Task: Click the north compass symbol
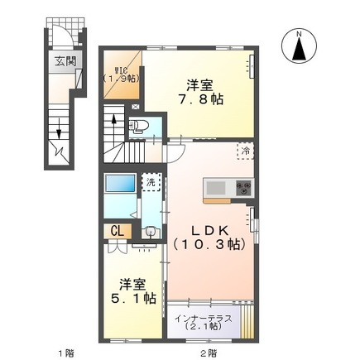tap(298, 46)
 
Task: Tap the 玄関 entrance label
tap(65, 60)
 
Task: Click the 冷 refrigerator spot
tap(247, 151)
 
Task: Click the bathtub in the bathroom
tap(122, 183)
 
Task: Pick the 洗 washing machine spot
tap(151, 182)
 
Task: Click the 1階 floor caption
tap(64, 353)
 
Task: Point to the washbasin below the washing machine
tap(149, 233)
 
